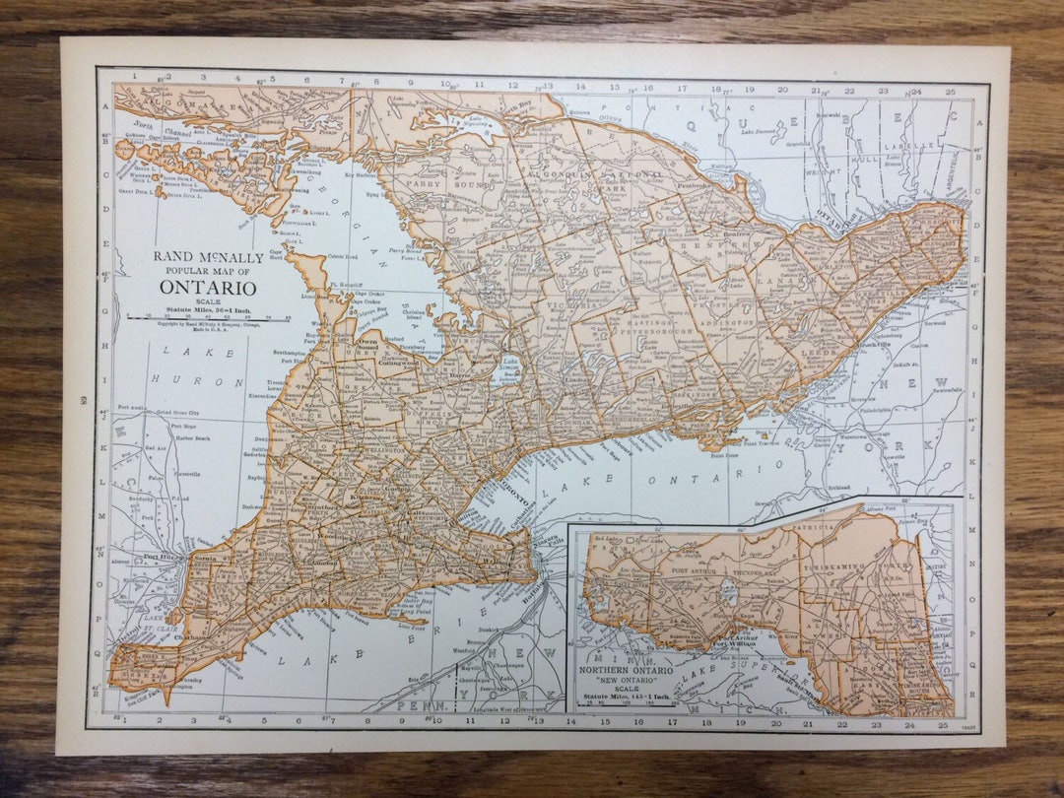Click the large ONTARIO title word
[208, 288]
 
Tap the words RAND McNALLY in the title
[208, 258]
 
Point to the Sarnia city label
[204, 558]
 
